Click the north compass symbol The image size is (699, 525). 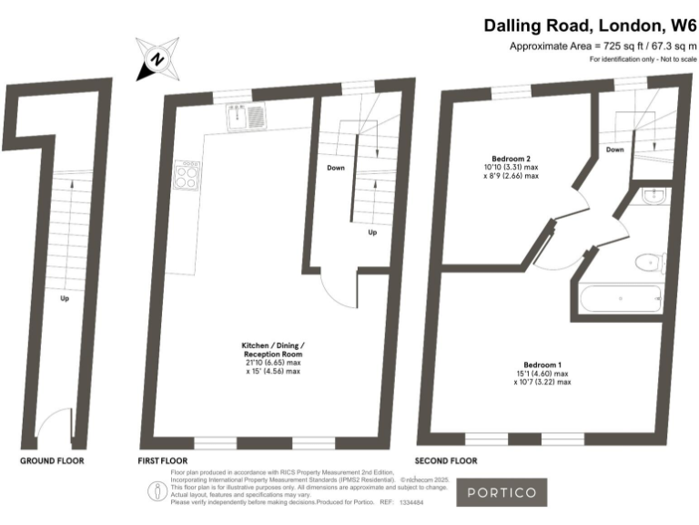tap(157, 59)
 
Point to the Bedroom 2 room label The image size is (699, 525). tap(510, 159)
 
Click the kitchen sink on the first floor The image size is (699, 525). tap(247, 116)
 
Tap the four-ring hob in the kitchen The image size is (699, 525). tap(188, 174)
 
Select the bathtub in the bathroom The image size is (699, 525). tap(620, 297)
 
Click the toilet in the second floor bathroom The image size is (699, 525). tap(648, 262)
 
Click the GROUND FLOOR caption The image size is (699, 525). tap(52, 461)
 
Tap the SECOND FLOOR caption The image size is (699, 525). tap(446, 461)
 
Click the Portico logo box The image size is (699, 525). tap(501, 492)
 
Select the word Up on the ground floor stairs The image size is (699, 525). tap(64, 298)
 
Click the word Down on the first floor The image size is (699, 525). tap(335, 168)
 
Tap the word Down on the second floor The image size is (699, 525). tap(614, 149)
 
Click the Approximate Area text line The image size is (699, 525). tap(603, 46)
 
